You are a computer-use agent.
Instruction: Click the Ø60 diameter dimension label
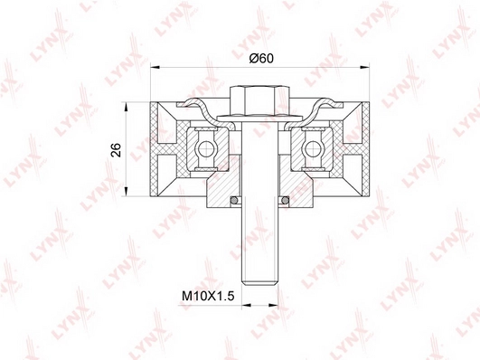[x=261, y=58]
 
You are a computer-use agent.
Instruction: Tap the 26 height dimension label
[x=117, y=150]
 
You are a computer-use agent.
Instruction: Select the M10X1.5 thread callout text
[x=208, y=296]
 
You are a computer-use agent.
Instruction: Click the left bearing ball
[x=205, y=149]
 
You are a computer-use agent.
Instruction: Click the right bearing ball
[x=312, y=149]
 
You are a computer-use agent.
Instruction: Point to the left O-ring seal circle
[x=234, y=200]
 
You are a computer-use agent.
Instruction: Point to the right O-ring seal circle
[x=285, y=200]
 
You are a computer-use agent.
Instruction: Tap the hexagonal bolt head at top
[x=259, y=100]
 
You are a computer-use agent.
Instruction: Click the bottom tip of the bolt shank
[x=260, y=286]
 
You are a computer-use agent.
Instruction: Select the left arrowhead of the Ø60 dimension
[x=155, y=67]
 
